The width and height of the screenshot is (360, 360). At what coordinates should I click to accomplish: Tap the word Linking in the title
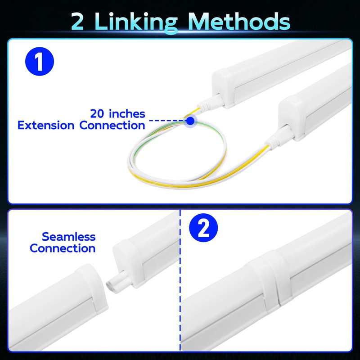[x=138, y=21]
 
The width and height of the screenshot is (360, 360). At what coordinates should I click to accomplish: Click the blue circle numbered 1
[x=39, y=63]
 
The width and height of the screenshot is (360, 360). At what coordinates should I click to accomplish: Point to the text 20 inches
[x=117, y=113]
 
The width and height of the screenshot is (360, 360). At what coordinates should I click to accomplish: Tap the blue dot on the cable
[x=191, y=121]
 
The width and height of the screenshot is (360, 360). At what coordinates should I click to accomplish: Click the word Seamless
[x=68, y=237]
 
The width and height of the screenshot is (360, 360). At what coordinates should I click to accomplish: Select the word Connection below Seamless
[x=63, y=248]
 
